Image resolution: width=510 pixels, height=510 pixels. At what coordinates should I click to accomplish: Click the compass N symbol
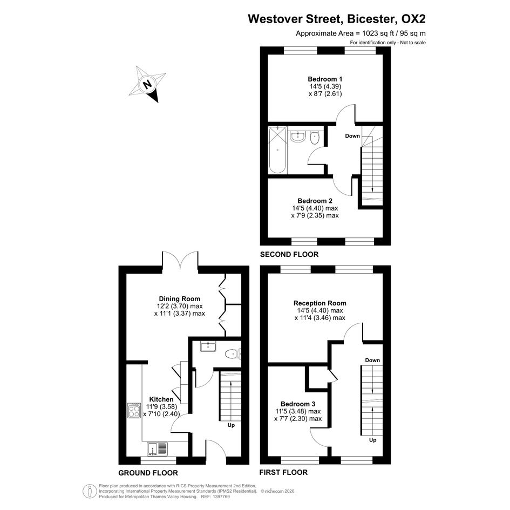(147, 84)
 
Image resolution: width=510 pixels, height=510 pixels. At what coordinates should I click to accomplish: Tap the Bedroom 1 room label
(325, 79)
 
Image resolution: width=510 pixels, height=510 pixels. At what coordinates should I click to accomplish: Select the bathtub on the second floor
(277, 150)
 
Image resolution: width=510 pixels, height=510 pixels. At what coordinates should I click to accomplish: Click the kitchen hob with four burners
(134, 410)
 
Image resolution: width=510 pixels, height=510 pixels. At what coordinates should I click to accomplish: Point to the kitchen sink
(158, 448)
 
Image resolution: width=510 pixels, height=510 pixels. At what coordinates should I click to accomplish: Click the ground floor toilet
(233, 353)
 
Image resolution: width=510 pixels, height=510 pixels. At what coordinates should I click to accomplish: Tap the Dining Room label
(180, 298)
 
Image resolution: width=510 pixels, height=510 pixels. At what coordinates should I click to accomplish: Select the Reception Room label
(320, 303)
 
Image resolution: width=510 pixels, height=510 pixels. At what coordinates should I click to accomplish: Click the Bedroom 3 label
(298, 404)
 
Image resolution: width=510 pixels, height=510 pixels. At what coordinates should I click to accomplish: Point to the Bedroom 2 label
(315, 201)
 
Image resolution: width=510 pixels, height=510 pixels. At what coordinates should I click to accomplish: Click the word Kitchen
(161, 399)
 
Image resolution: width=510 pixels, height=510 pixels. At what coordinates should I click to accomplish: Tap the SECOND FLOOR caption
(289, 254)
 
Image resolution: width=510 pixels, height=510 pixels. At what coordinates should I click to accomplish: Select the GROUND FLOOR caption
(148, 473)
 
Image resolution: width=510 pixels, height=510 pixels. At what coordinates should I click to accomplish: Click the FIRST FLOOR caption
(283, 472)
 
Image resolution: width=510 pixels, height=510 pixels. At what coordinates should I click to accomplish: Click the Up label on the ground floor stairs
(231, 425)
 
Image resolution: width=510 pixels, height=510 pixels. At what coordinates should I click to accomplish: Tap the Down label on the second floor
(352, 135)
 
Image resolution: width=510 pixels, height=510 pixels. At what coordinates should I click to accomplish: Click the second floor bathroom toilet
(315, 138)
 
